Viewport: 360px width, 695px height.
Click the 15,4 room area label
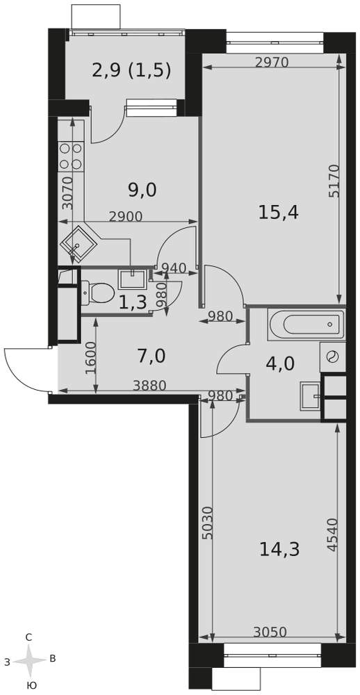[x=279, y=213]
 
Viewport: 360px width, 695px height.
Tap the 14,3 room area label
[x=279, y=550]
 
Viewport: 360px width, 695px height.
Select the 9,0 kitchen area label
[x=142, y=190]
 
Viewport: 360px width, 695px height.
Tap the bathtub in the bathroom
[x=306, y=324]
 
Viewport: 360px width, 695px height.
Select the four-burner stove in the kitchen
[x=71, y=156]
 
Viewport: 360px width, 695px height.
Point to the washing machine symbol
[x=332, y=357]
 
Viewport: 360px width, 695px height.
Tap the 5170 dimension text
[x=334, y=181]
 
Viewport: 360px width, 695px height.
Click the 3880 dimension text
[x=150, y=386]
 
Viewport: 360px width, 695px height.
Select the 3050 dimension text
[x=270, y=631]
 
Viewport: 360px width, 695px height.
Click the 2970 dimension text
[x=272, y=63]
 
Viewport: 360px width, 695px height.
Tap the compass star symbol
[x=29, y=661]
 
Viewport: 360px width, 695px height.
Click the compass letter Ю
[x=31, y=686]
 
